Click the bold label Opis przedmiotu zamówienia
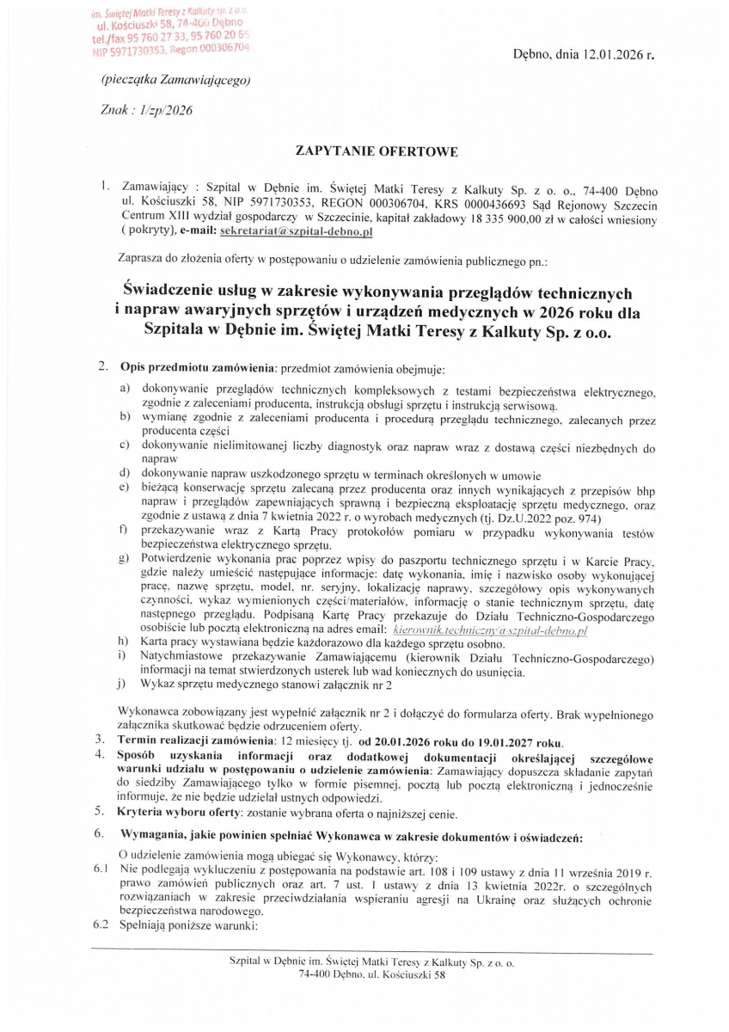(195, 368)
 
